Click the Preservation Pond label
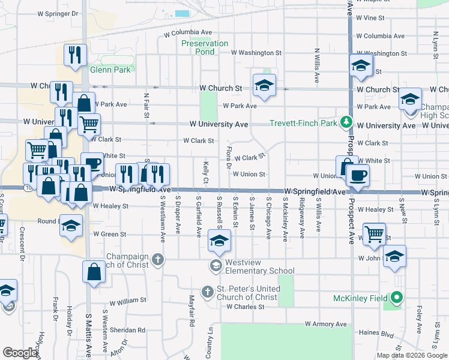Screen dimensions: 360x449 [x=205, y=47]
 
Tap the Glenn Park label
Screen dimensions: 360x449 [x=110, y=70]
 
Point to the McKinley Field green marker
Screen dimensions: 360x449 [x=397, y=298]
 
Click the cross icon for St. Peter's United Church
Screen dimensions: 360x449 [x=207, y=292]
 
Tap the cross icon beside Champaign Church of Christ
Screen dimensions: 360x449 [x=158, y=260]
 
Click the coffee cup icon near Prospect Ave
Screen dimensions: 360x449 [x=358, y=175]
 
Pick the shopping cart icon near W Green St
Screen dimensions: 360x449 [x=375, y=233]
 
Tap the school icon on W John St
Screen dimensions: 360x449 [x=394, y=256]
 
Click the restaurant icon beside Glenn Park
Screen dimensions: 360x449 [x=75, y=55]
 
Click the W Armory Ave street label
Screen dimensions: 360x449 [x=326, y=324]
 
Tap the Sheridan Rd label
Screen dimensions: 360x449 [x=132, y=330]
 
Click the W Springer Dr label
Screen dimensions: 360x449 [x=58, y=13]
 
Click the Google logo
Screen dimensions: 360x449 [x=20, y=353]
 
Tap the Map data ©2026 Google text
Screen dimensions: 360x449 [x=412, y=355]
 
